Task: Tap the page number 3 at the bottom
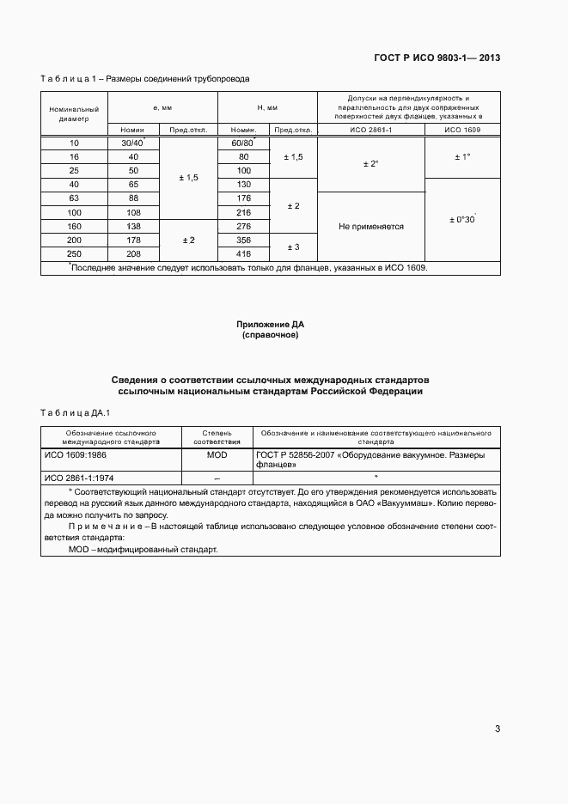click(498, 729)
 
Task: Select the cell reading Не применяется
click(371, 227)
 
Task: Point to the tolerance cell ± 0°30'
click(462, 219)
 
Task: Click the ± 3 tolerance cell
click(293, 247)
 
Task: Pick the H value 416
click(243, 255)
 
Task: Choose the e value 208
click(133, 255)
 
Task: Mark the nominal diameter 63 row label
click(74, 198)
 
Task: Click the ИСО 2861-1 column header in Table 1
click(371, 130)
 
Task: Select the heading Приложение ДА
click(271, 324)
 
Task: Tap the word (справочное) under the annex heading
click(271, 335)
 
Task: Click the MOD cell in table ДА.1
click(217, 454)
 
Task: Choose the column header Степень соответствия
click(217, 439)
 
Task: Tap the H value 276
click(243, 227)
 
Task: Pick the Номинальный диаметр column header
click(74, 114)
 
